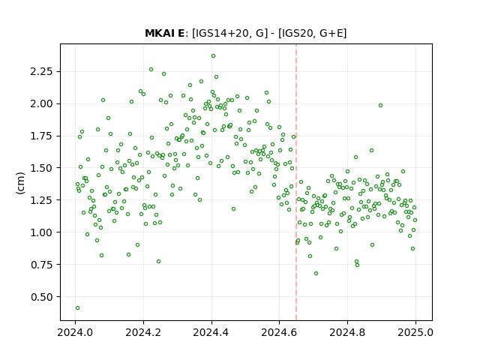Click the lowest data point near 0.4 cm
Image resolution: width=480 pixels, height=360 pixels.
77,308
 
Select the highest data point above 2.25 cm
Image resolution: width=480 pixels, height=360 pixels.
213,56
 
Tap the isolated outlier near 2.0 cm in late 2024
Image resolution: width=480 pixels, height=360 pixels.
380,105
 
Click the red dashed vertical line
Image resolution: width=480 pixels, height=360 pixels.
296,182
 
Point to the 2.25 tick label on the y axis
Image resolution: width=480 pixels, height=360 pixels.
41,71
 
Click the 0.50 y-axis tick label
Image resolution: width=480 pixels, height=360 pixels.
41,297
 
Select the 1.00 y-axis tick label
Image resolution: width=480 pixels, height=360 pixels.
41,232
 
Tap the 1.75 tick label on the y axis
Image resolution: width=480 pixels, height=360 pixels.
41,136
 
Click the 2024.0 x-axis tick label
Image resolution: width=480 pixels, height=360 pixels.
75,332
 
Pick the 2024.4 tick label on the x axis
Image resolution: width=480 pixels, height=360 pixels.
211,332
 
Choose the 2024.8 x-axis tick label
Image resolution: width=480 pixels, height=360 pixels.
347,332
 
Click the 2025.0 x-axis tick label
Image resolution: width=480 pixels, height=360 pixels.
415,332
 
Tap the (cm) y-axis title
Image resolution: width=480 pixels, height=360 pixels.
20,183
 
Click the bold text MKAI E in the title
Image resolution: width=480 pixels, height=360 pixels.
165,33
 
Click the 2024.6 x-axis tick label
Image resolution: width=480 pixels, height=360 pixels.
279,332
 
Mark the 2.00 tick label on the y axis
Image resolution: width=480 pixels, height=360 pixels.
41,103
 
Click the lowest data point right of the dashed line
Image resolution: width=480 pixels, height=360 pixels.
316,273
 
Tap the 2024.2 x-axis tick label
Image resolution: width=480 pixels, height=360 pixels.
143,332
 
